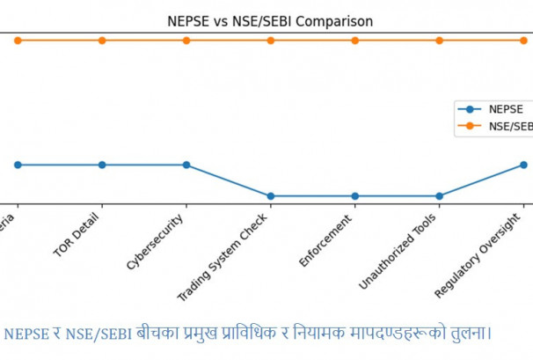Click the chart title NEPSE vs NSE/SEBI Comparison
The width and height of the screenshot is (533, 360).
coord(270,21)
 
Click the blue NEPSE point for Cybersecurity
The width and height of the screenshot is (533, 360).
coord(186,165)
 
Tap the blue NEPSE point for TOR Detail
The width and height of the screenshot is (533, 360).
coord(102,165)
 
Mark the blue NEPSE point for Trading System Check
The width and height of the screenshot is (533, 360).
coord(271,195)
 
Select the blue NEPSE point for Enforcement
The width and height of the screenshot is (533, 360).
coord(354,195)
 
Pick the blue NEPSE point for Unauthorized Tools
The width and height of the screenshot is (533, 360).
coord(439,195)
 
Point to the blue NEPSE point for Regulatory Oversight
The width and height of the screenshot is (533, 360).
coord(523,165)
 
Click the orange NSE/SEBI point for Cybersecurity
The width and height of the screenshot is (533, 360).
coord(186,40)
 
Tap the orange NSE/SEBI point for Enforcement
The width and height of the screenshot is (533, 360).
coord(354,40)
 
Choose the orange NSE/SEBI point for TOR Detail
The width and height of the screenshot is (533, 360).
coord(102,40)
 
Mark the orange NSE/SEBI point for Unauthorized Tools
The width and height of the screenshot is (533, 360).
coord(439,40)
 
